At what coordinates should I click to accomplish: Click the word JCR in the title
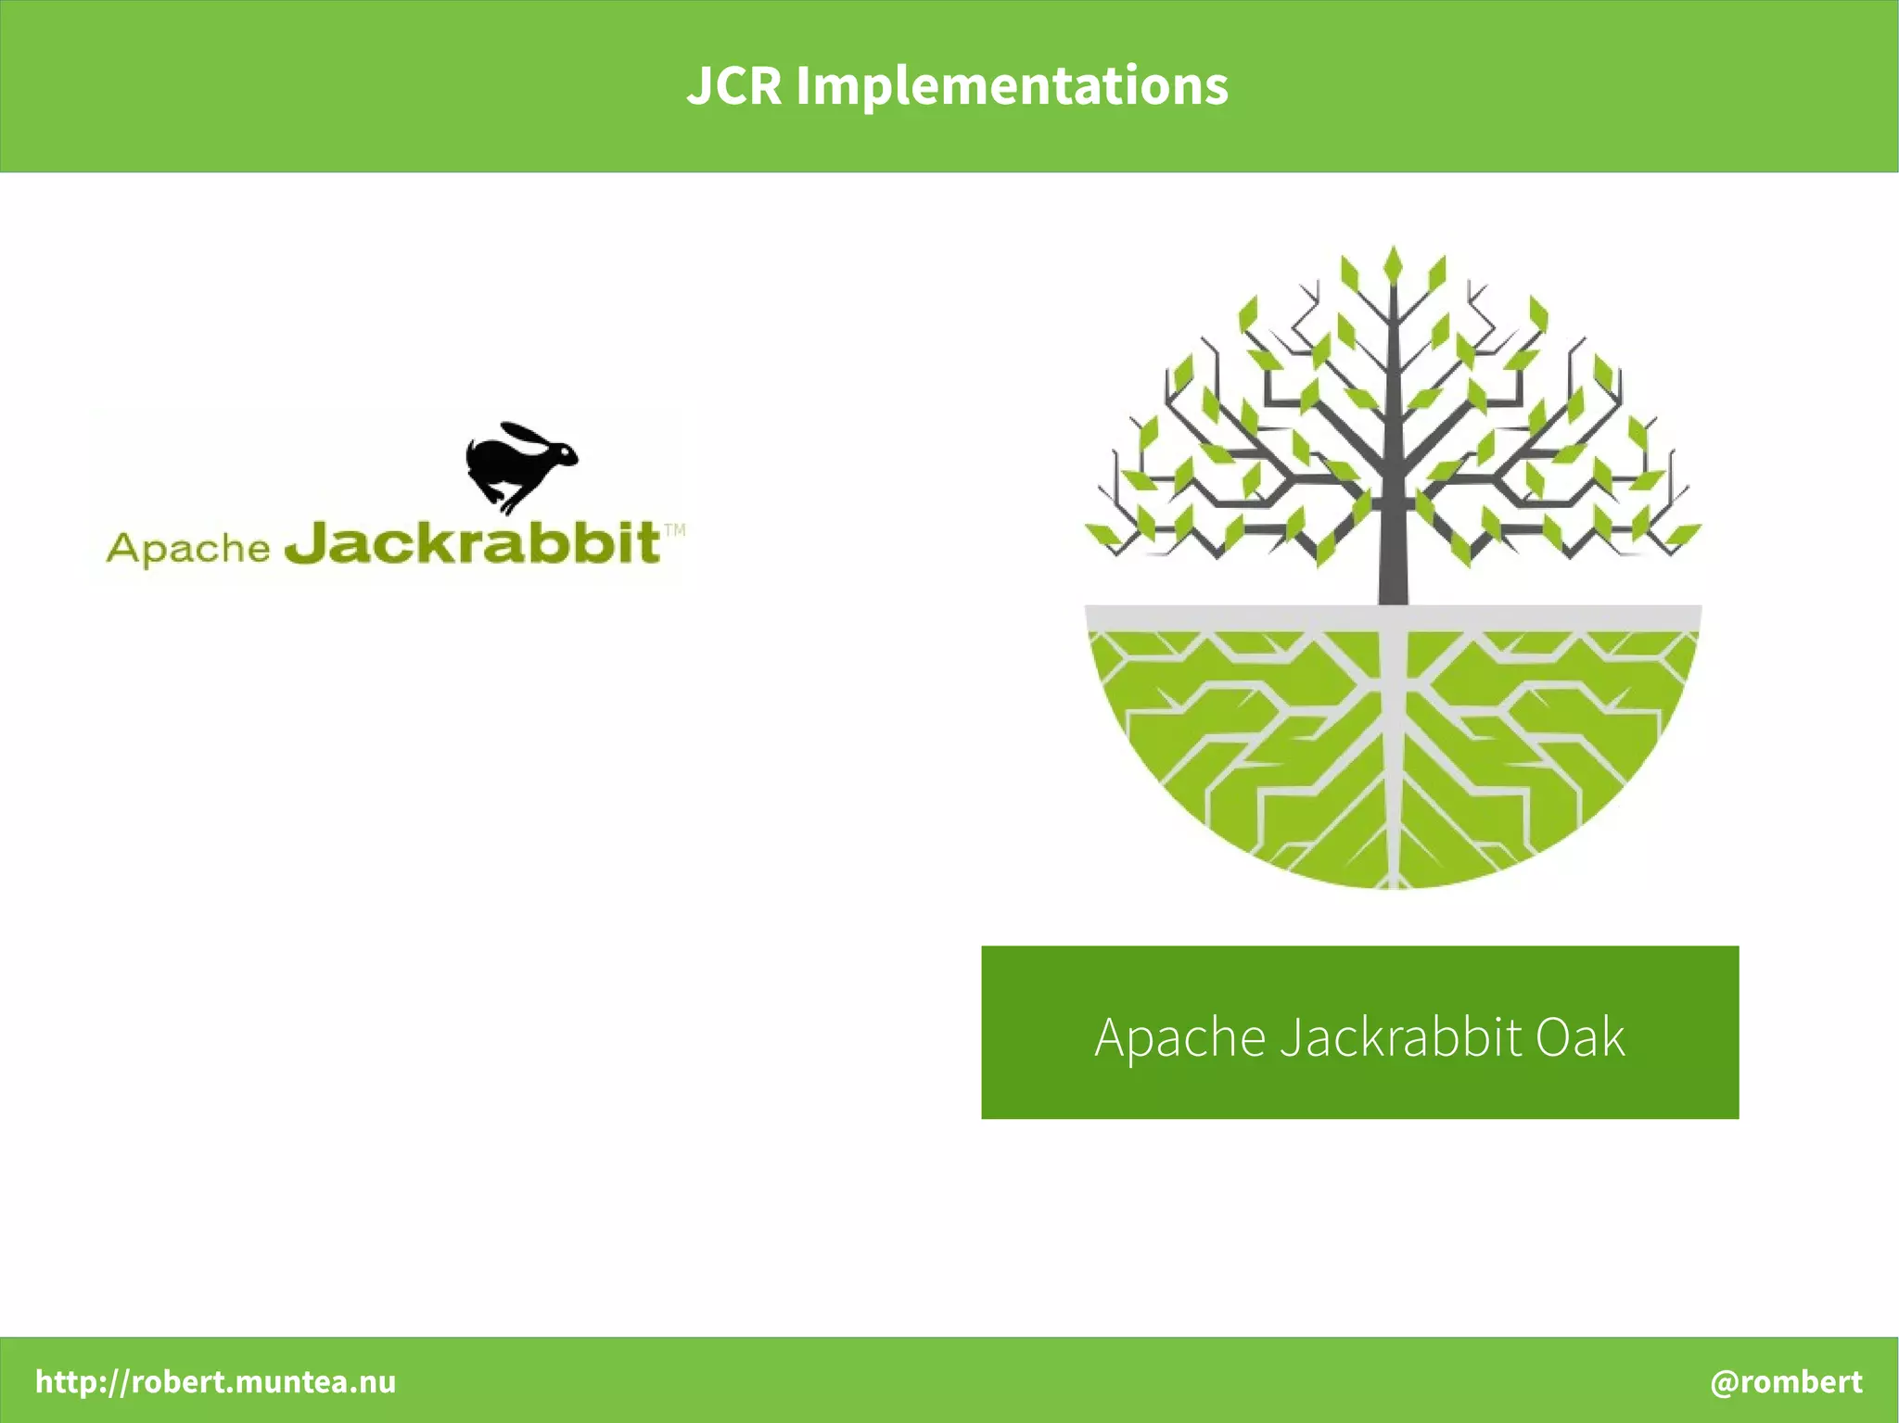[733, 86]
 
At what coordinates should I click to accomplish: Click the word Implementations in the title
[1012, 86]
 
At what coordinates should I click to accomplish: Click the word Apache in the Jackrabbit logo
[187, 548]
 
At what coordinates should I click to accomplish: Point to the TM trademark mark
[675, 530]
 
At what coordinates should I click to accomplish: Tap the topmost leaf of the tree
[1393, 262]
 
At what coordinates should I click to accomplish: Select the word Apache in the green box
[1179, 1036]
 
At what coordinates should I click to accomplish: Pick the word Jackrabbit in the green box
[1400, 1036]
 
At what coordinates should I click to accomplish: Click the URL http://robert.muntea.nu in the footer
[215, 1381]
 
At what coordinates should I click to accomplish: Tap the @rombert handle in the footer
[1786, 1381]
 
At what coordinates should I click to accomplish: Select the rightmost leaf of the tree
[1685, 535]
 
